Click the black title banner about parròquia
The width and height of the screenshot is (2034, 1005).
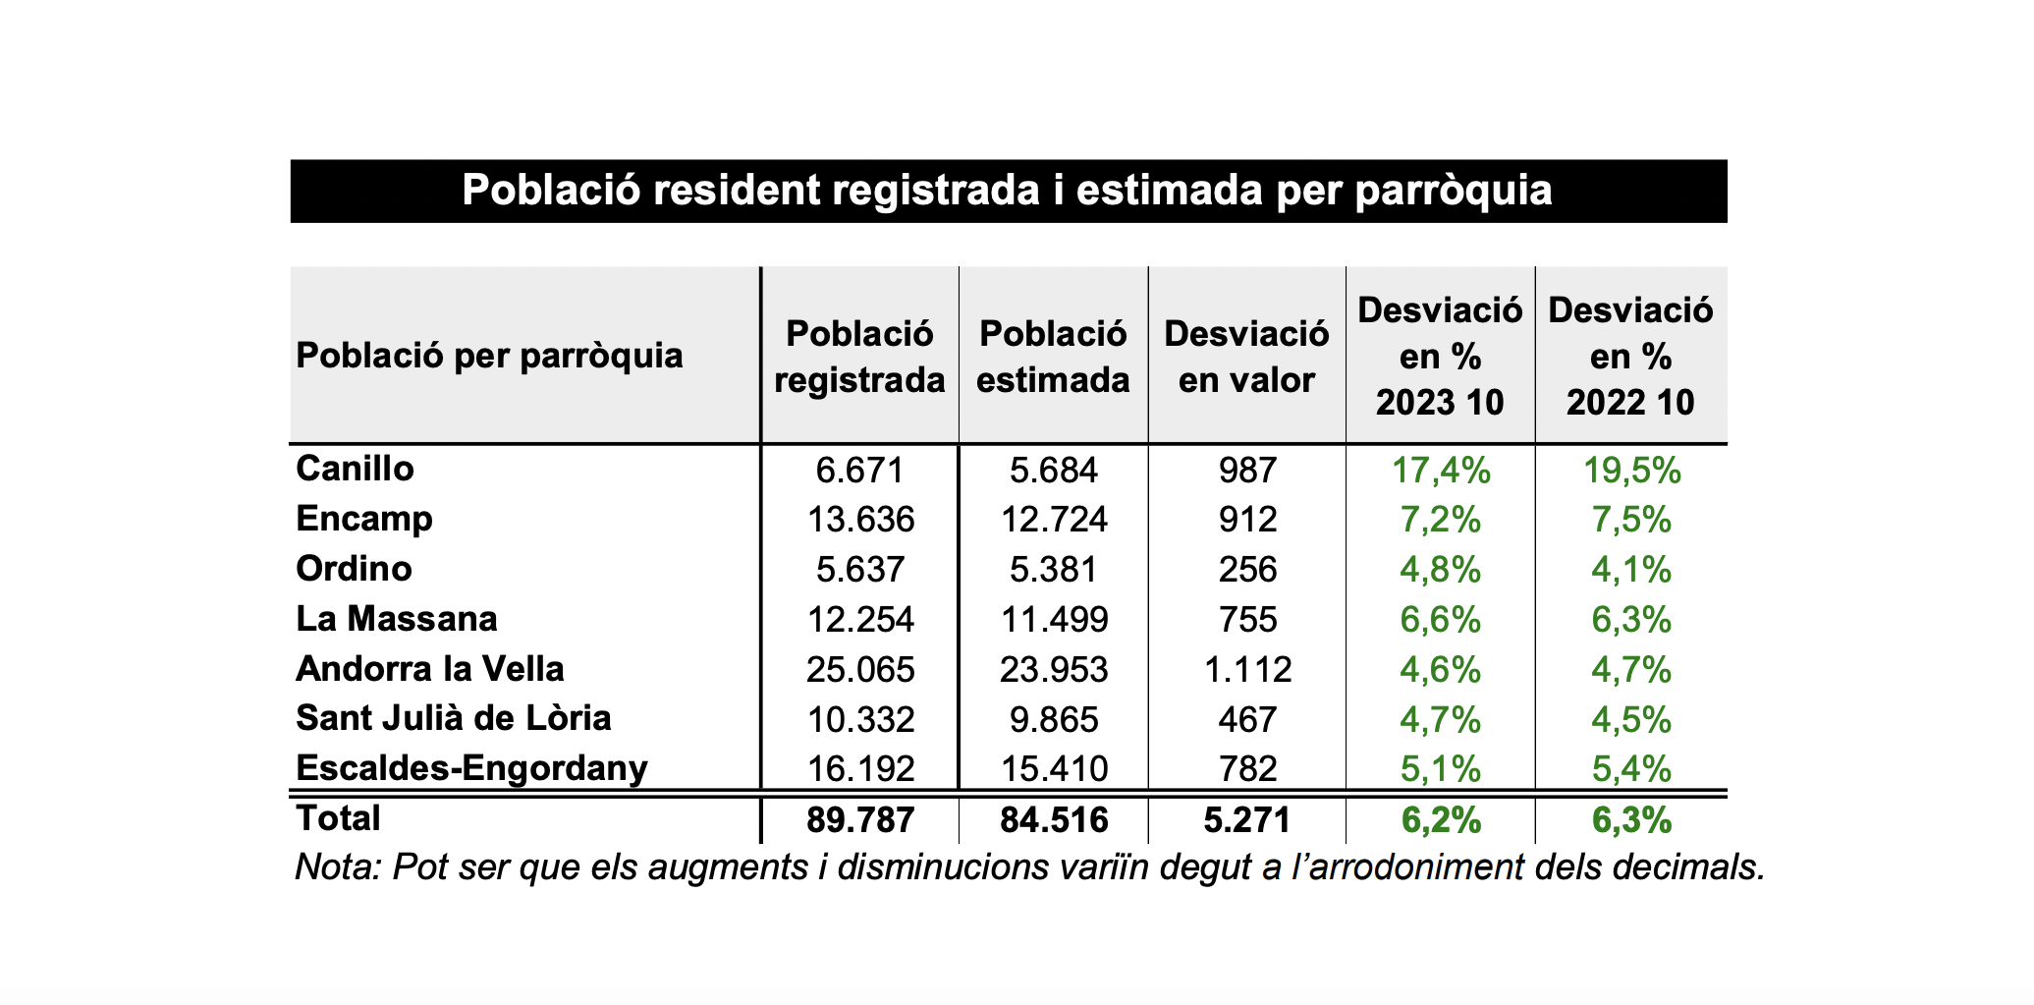click(1008, 191)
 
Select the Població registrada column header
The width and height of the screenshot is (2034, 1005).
click(859, 357)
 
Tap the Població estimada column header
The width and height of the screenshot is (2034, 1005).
click(1053, 357)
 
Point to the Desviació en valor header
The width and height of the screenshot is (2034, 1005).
click(1246, 357)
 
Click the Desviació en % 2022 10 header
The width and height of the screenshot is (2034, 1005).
click(1630, 356)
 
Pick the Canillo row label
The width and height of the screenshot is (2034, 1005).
click(356, 469)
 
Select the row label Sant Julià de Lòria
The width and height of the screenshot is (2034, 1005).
click(454, 718)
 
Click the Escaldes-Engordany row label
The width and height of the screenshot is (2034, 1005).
click(471, 768)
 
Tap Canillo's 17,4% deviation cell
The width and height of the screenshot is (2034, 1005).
click(1441, 471)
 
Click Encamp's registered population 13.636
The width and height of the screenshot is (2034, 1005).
click(860, 520)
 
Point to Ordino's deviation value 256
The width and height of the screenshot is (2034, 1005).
click(1247, 570)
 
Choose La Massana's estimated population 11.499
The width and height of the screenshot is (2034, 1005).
click(1054, 620)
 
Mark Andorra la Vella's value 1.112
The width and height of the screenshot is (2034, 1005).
click(1247, 670)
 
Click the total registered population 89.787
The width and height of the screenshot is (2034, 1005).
click(860, 820)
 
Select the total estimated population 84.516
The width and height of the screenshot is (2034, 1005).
click(1054, 820)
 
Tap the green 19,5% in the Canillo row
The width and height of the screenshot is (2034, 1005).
click(1631, 471)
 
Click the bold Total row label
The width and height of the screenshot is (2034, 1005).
click(338, 818)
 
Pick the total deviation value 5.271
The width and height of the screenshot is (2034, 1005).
click(1247, 820)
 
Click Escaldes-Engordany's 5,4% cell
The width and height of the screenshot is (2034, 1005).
click(1631, 769)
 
